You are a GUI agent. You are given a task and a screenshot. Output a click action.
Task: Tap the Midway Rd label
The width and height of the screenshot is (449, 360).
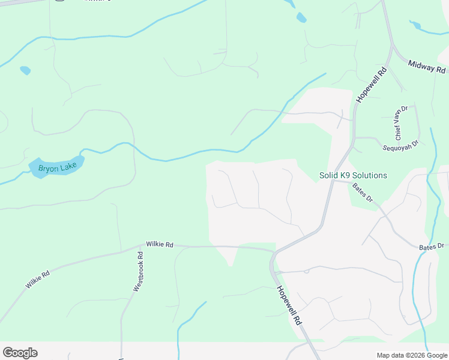click(429, 67)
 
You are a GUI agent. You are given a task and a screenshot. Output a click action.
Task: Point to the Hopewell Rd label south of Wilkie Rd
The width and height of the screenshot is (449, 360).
click(289, 304)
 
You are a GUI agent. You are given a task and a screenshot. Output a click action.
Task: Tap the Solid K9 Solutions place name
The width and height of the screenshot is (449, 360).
click(353, 176)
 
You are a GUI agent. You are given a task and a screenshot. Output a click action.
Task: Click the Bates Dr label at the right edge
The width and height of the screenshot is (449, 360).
click(432, 246)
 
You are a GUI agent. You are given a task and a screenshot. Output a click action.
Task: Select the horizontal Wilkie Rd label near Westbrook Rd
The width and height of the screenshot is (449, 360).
click(160, 245)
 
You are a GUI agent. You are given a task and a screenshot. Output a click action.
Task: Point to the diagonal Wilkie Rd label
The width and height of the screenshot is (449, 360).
click(38, 280)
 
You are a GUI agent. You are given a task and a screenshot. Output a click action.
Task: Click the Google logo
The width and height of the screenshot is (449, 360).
click(20, 353)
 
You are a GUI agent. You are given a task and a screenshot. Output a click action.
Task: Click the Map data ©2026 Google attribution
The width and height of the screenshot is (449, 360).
click(412, 355)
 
